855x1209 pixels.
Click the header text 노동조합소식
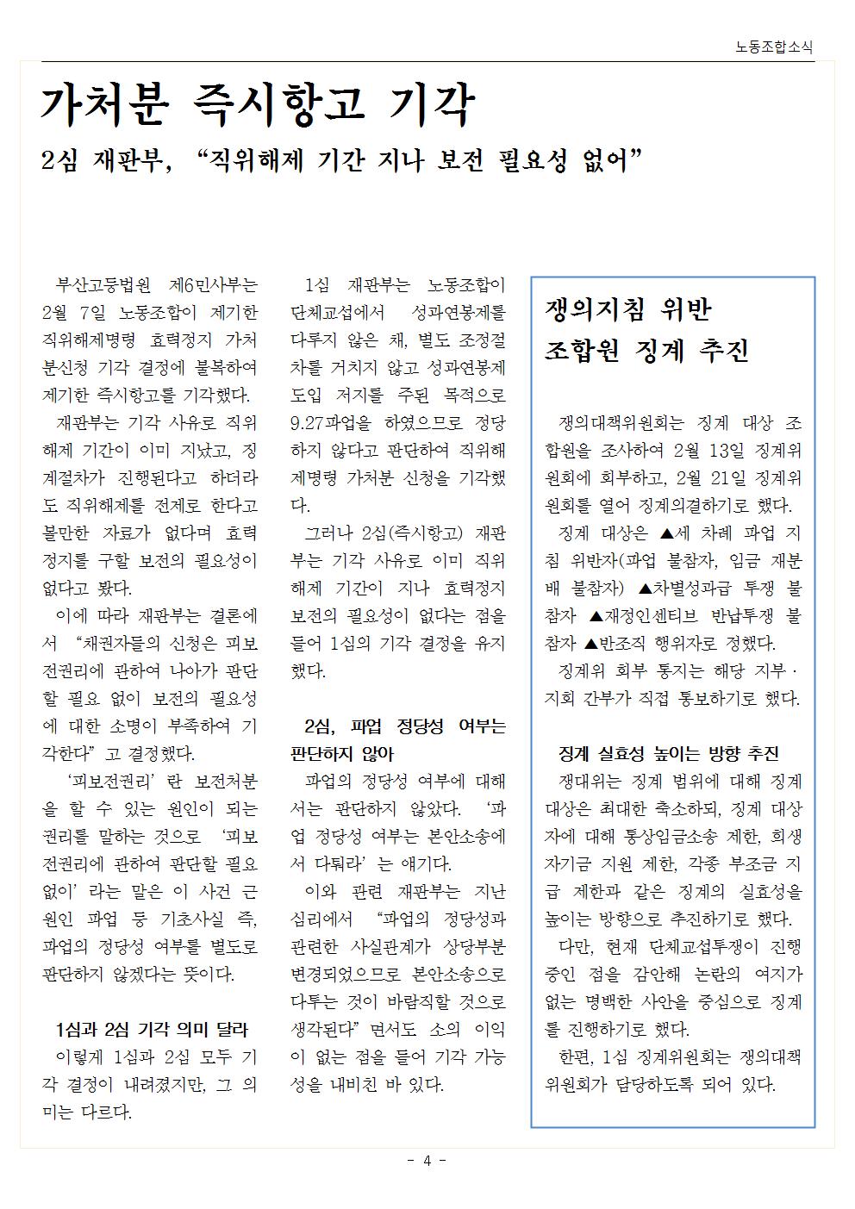point(774,48)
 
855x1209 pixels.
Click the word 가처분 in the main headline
point(102,105)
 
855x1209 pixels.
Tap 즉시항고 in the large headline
point(281,105)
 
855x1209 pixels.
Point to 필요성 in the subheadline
point(525,160)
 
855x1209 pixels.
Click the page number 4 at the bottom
point(427,1160)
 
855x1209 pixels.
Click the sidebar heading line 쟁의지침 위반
point(629,309)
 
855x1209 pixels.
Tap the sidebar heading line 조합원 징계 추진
point(646,350)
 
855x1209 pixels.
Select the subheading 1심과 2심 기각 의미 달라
point(152,1029)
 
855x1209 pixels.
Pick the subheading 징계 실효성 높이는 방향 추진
point(669,754)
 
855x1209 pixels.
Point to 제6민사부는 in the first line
point(214,285)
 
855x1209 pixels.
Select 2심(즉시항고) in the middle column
point(406,533)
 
